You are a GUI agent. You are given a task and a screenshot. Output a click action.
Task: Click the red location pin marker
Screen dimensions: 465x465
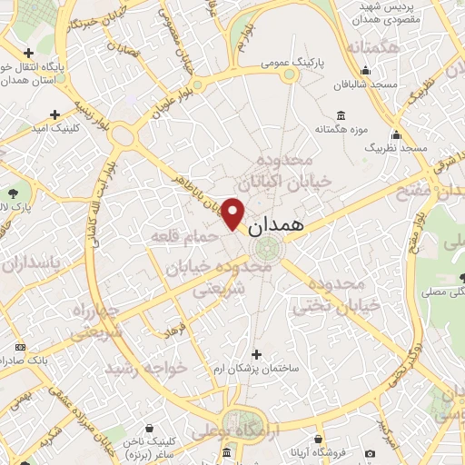pos(233,213)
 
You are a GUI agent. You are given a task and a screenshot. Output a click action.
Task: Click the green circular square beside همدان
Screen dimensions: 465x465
pos(268,247)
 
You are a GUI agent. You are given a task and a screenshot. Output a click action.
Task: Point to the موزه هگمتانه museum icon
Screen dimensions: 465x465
pos(341,115)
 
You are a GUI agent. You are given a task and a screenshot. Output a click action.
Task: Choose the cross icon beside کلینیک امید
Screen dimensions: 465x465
pos(55,114)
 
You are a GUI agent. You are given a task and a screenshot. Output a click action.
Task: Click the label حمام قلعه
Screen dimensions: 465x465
pos(185,236)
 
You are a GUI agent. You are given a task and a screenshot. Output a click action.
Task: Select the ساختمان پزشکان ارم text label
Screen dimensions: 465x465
pos(257,369)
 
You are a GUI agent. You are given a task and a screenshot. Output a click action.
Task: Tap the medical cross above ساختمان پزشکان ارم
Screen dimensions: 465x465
pos(257,353)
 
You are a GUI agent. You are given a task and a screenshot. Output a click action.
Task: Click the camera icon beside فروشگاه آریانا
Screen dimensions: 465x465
pos(369,453)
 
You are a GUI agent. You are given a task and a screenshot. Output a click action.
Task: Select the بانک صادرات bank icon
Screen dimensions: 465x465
pos(20,347)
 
